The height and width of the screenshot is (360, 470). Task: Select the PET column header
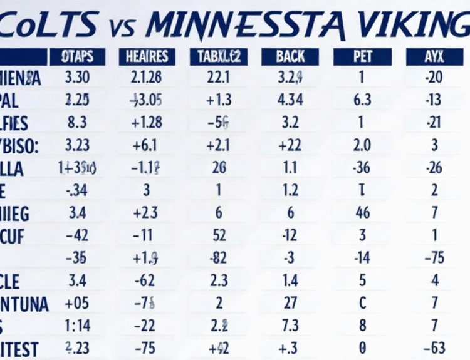(362, 57)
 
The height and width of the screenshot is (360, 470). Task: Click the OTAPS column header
(77, 57)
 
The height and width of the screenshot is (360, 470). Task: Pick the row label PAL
(14, 100)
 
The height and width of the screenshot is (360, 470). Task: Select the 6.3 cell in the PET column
(362, 100)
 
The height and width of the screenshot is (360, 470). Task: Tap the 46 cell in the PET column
(362, 213)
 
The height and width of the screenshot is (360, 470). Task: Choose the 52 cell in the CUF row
(219, 235)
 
